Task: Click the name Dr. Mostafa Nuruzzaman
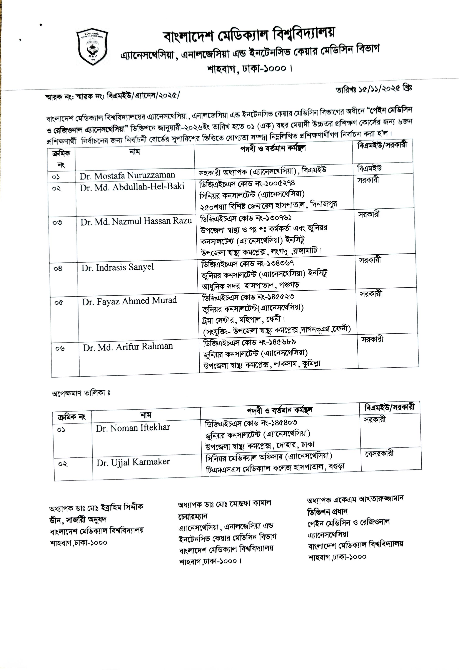[127, 176]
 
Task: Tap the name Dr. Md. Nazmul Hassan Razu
[136, 221]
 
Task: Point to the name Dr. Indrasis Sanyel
[118, 267]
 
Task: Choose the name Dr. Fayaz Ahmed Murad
[129, 301]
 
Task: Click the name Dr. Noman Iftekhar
[133, 428]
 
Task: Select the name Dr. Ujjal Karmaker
[133, 462]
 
